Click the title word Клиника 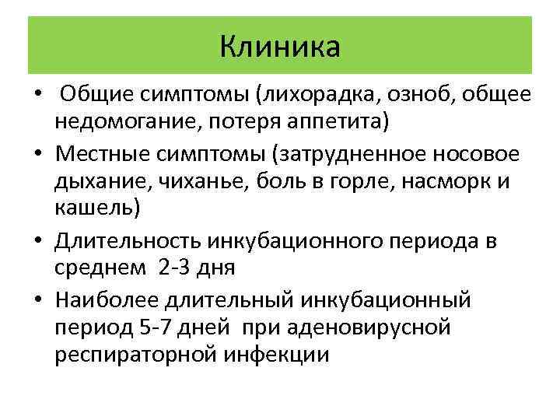pos(280,46)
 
